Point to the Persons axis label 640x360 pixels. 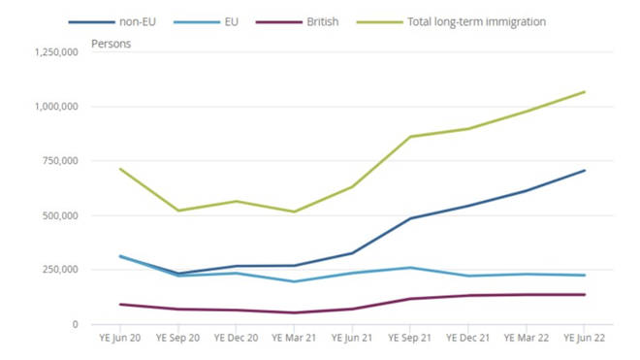111,44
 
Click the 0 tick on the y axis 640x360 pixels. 74,324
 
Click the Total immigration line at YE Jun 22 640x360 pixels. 585,92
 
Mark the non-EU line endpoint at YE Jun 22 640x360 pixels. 585,171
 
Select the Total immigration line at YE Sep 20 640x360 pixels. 178,211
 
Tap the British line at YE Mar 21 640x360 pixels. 295,312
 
